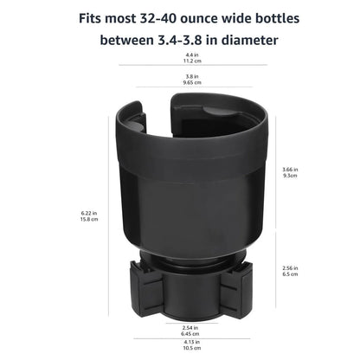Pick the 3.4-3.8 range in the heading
pos(171,41)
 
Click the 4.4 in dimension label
pos(181,56)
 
